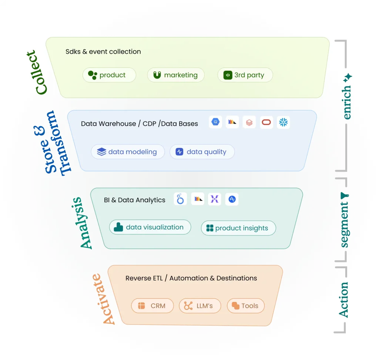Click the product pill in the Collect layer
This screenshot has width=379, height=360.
pos(109,75)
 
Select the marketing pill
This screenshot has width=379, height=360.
pos(175,75)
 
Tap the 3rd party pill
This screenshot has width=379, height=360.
pos(245,75)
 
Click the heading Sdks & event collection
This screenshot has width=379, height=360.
pos(103,52)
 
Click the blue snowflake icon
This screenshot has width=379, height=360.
pos(284,122)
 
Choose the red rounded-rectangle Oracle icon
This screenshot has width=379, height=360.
pos(266,122)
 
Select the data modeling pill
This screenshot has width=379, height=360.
pos(128,152)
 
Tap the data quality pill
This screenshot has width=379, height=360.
pos(202,152)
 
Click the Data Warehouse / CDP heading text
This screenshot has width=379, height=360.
pos(140,124)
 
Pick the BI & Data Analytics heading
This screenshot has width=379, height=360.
pos(135,200)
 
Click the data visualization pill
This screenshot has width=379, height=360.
pos(150,227)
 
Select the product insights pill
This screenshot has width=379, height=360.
pos(238,228)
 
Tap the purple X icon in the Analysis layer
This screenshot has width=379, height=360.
pos(215,199)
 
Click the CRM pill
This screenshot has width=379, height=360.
pos(152,306)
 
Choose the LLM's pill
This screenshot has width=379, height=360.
pos(200,306)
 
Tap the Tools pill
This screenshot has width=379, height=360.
pos(246,306)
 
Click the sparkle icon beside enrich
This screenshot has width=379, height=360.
pos(348,77)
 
